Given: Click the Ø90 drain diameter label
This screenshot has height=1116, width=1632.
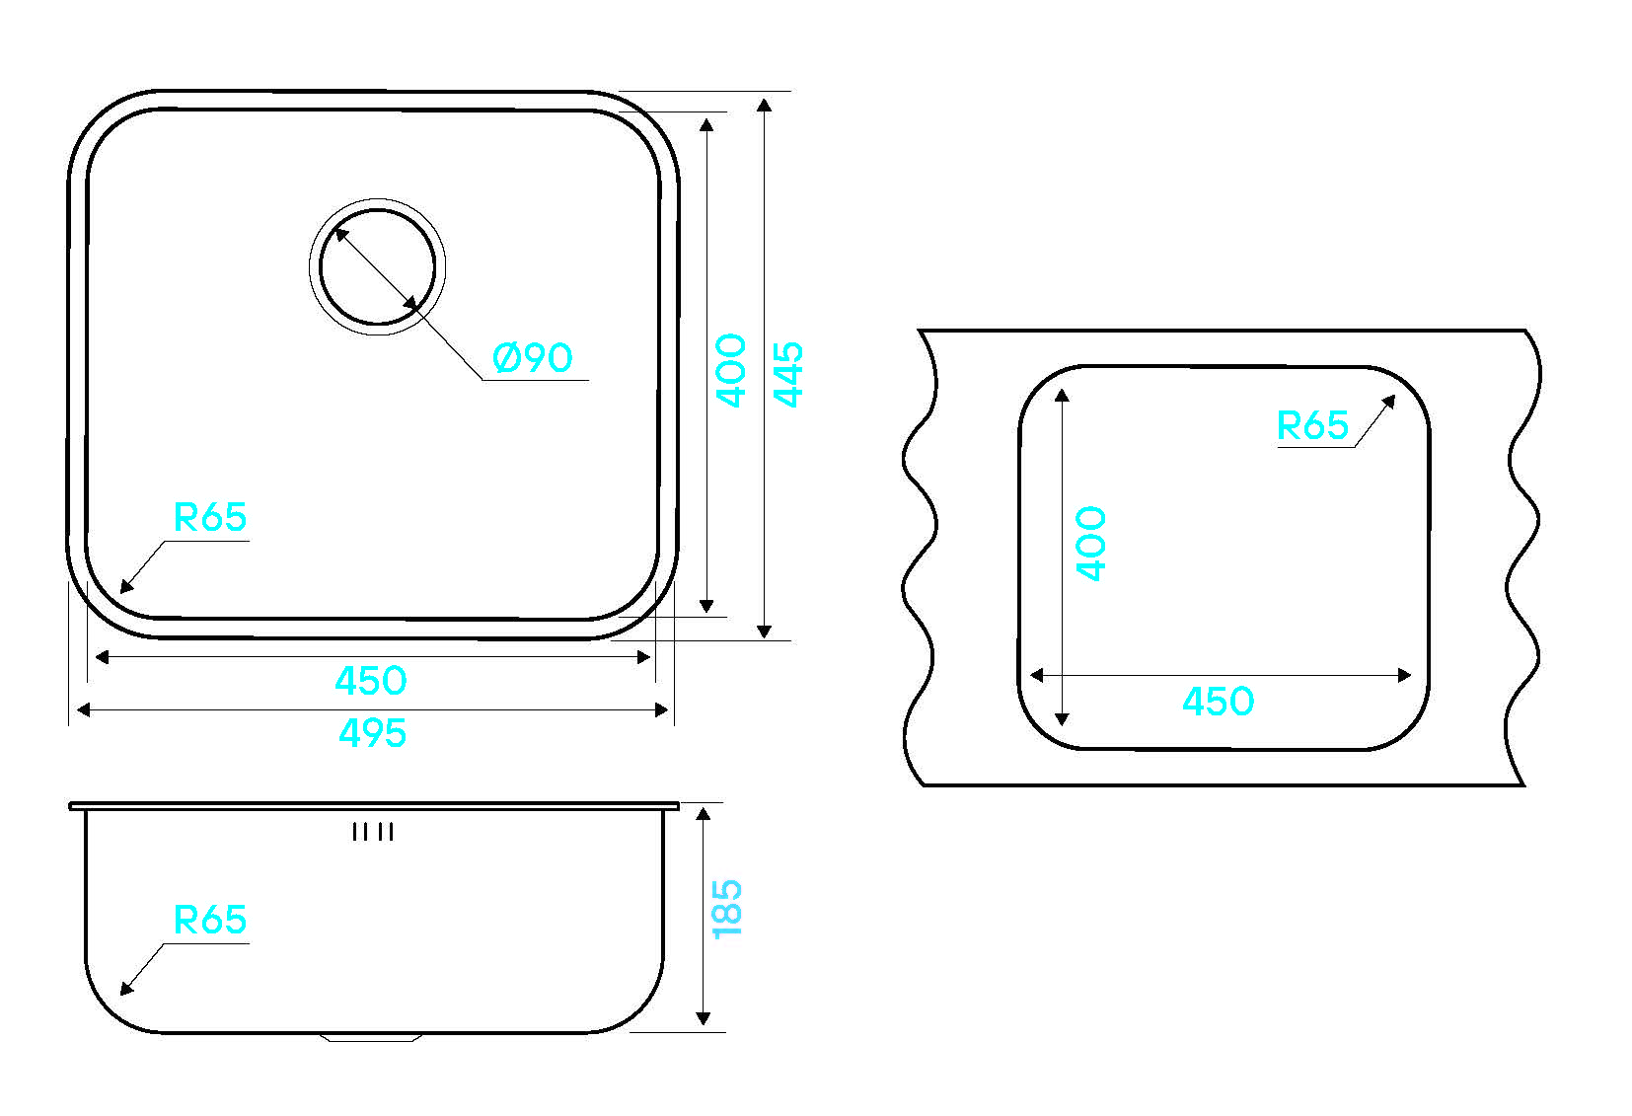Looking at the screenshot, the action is tap(533, 357).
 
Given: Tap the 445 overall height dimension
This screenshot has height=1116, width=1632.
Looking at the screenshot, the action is tap(787, 374).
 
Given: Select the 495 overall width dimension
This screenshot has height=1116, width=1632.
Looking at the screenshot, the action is tap(372, 733).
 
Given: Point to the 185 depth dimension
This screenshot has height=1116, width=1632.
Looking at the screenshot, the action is tap(726, 909).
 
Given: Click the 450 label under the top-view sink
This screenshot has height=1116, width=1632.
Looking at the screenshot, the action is tap(371, 681).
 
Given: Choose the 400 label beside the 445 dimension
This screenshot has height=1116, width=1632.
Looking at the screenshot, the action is tap(731, 370).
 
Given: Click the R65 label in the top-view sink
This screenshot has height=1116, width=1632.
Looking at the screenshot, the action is tap(210, 517).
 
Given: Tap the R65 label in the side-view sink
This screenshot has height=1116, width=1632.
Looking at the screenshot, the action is tap(210, 920).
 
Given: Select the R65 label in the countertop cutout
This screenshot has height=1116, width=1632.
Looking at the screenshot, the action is tap(1312, 425).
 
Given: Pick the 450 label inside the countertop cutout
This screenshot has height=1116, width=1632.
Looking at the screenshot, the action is tap(1219, 701).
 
